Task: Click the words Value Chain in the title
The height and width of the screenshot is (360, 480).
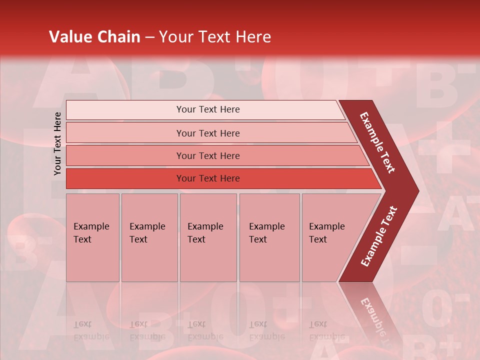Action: point(94,37)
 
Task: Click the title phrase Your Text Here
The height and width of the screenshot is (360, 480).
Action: point(215,37)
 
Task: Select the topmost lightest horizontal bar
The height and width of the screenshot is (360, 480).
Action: point(125,110)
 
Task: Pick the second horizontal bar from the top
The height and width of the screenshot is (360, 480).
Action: point(125,133)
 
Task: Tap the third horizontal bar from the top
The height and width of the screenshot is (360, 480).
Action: point(125,155)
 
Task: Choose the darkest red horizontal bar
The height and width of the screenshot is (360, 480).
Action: point(125,178)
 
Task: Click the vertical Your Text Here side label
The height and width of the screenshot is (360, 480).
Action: point(58,143)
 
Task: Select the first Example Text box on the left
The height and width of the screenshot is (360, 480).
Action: point(92,237)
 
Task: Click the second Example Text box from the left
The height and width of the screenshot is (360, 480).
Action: point(149,237)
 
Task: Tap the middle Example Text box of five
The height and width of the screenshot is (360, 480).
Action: point(208,237)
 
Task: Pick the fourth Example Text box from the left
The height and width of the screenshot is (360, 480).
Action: point(269,237)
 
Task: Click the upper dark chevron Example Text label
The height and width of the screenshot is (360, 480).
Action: point(377,142)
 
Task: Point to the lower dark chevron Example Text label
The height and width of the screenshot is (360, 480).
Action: point(379,236)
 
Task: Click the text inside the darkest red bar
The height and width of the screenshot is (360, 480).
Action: point(208,178)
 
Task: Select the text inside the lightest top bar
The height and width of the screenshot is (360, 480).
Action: point(208,109)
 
